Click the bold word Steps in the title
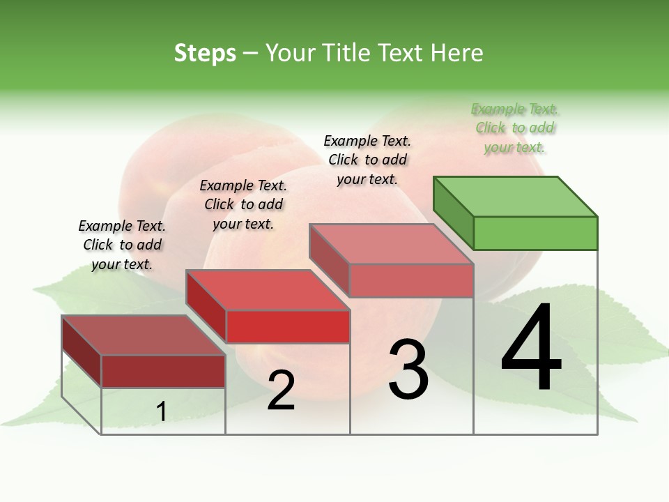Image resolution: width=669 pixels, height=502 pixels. coord(205,53)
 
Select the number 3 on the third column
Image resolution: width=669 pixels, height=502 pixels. coord(408,370)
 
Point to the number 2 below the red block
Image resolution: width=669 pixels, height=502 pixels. coord(281,390)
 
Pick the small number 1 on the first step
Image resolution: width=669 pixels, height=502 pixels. coord(161,411)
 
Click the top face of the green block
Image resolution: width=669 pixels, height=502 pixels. coord(516,196)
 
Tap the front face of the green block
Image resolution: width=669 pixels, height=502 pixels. coord(535,233)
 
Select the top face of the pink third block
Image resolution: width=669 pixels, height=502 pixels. coord(392,244)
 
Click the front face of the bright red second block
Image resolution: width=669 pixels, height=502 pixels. coord(288,326)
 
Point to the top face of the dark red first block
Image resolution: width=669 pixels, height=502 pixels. coord(144,335)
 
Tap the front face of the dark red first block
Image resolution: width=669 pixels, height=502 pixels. coord(163,371)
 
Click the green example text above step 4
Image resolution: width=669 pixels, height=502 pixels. coord(515,128)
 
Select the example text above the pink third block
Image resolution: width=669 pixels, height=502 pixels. coord(367,160)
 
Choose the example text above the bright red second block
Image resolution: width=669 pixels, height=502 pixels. coord(243,204)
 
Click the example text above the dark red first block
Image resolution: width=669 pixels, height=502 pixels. coord(122,245)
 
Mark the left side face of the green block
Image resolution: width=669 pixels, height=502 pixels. coord(453,212)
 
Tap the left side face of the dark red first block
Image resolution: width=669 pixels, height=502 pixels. coord(82,350)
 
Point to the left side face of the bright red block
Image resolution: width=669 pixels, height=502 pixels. coord(206,305)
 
